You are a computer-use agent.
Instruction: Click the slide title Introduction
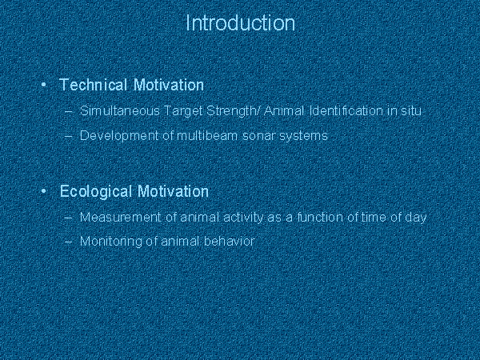click(240, 23)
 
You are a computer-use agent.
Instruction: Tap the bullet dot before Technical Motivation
click(43, 85)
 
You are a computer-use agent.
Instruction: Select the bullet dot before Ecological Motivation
click(43, 191)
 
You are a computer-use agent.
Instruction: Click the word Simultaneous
click(120, 110)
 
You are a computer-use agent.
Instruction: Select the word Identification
click(346, 110)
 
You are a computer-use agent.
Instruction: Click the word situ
click(411, 110)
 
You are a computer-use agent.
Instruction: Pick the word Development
click(119, 136)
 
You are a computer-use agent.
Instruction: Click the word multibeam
click(207, 135)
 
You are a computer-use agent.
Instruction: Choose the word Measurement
click(120, 217)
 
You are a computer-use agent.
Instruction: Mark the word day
click(416, 218)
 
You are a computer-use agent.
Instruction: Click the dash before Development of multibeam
click(69, 136)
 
